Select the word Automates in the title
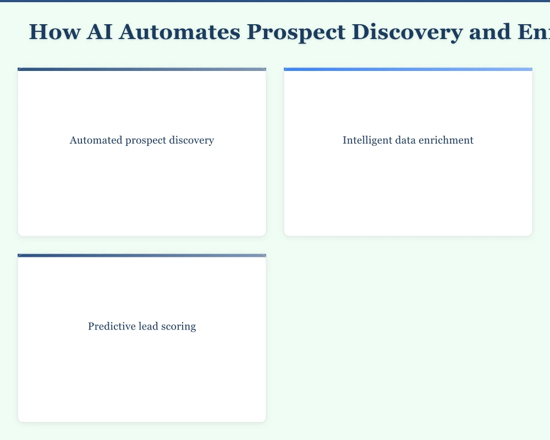[179, 32]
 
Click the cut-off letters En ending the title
[533, 32]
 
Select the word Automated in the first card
[92, 140]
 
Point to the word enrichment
[448, 140]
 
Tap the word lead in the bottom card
[146, 327]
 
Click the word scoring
[178, 327]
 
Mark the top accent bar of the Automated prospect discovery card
[142, 69]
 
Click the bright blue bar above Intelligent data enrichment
[408, 69]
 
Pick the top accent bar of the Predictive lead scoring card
[142, 256]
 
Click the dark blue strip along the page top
[275, 1]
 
